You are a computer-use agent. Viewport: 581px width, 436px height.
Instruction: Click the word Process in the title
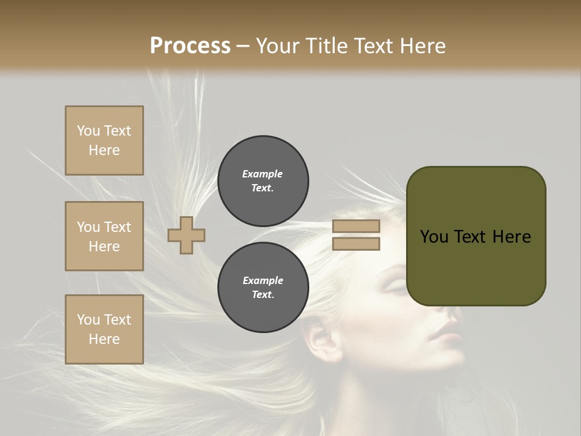190,46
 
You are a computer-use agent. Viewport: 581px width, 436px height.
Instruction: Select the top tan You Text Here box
104,140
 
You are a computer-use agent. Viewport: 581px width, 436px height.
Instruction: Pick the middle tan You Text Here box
104,236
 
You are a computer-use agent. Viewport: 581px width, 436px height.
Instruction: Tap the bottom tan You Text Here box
104,329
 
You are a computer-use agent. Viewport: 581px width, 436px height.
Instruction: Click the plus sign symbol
186,235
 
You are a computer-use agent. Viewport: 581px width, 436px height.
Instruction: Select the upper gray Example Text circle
263,181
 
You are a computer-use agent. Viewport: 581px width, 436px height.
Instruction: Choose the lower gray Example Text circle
263,288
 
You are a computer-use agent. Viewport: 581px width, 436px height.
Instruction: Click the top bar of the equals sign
356,226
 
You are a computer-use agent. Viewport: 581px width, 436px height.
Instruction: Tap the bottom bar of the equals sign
356,243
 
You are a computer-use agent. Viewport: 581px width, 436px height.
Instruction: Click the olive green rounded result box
476,236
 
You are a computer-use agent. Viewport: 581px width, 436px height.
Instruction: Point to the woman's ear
322,343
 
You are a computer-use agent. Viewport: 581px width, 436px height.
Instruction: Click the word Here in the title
423,46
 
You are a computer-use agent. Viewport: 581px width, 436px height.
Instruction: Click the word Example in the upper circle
262,174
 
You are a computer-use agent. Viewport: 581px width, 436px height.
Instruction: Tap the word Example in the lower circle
263,280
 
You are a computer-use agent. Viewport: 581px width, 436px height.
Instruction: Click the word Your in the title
277,46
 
